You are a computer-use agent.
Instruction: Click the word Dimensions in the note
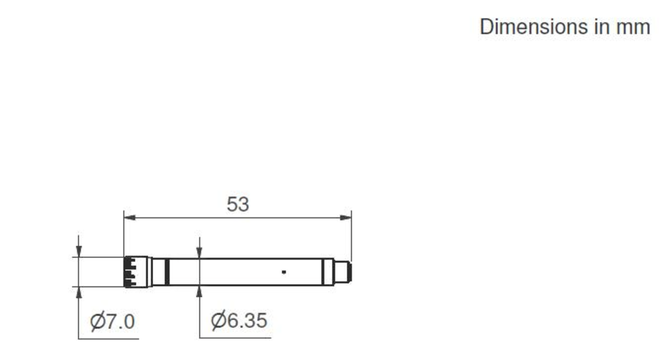coord(534,27)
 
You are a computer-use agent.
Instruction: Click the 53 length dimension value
coord(238,205)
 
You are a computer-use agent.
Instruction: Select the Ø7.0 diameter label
coord(113,321)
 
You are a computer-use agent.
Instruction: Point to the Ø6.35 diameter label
coord(239,320)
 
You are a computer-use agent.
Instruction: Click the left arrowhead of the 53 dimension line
coord(129,218)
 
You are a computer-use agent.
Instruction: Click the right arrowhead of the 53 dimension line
coord(346,218)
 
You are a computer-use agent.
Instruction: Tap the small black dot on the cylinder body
coord(284,272)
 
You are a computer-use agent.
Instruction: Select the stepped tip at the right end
coord(342,271)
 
